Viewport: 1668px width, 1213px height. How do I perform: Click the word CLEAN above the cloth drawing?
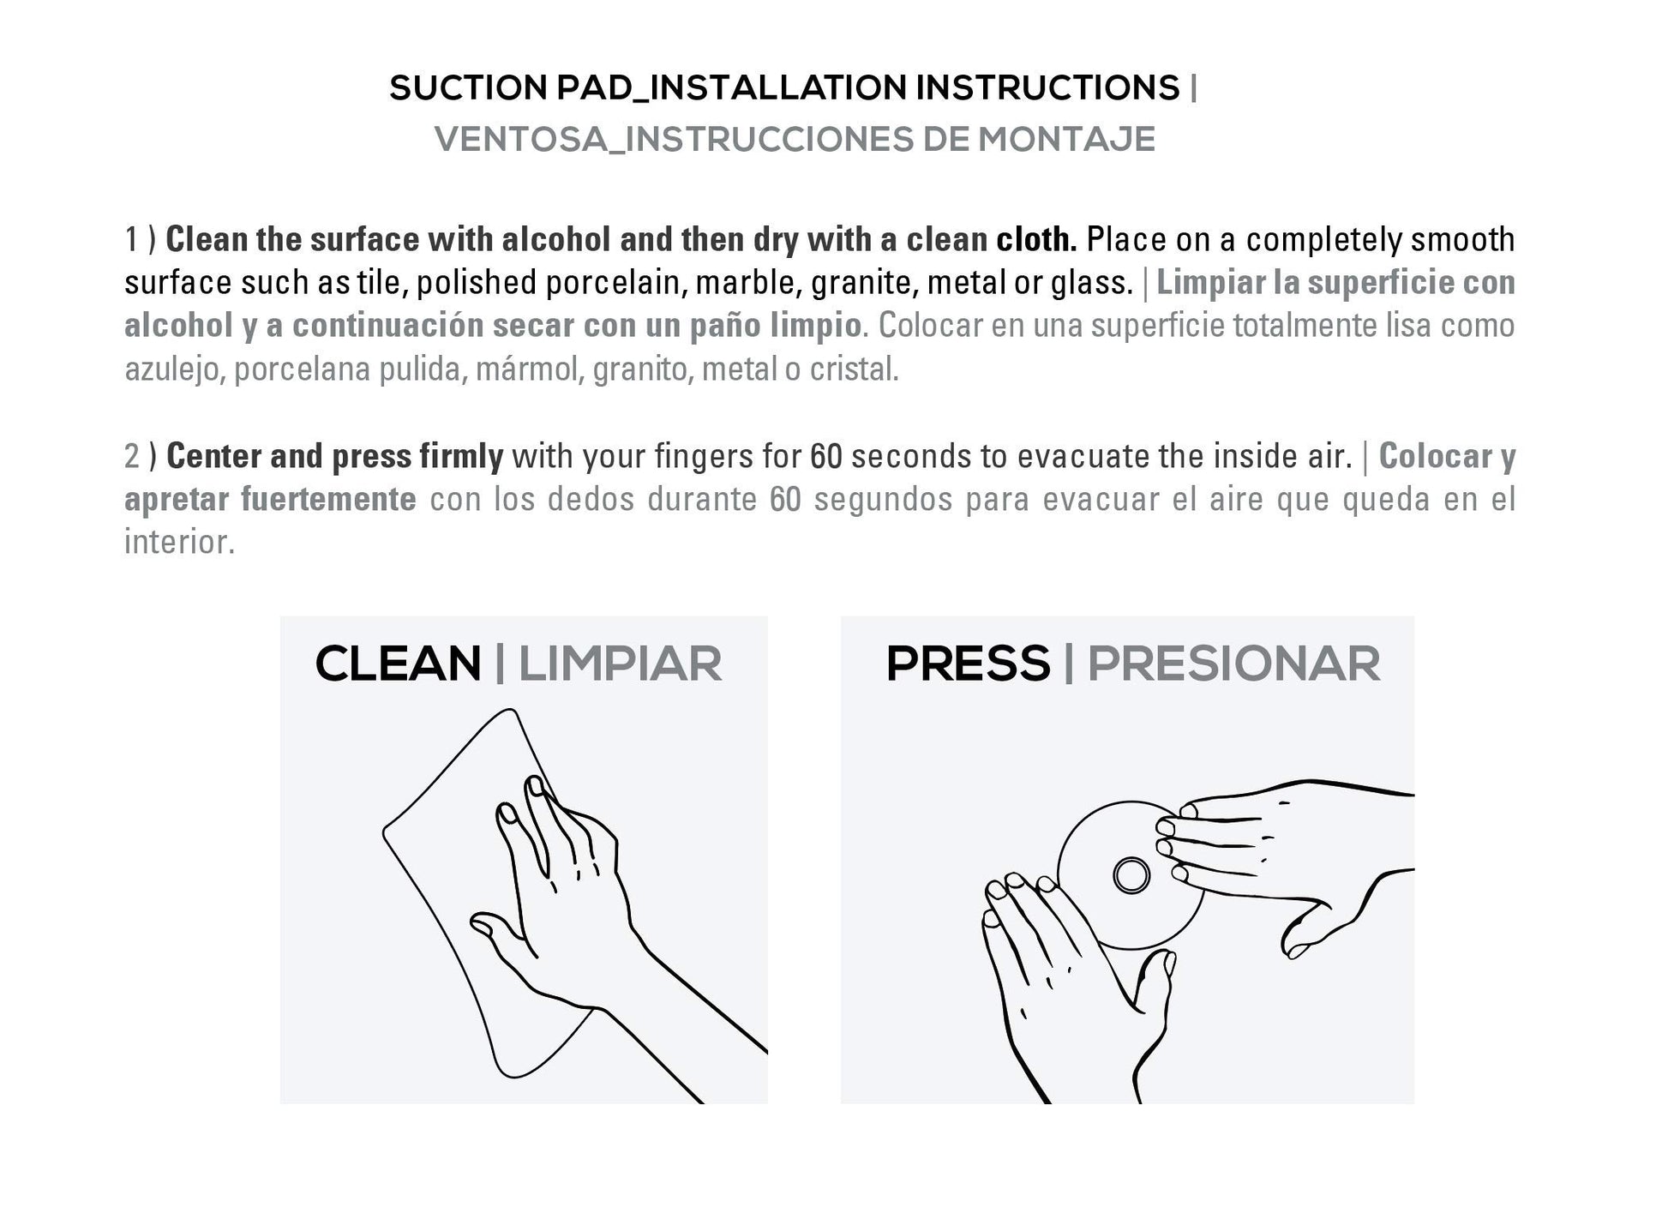pyautogui.click(x=399, y=664)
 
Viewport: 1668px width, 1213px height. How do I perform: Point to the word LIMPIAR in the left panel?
pyautogui.click(x=620, y=664)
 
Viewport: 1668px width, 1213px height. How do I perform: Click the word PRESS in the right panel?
pyautogui.click(x=969, y=664)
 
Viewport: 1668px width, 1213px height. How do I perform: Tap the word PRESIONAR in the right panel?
pyautogui.click(x=1234, y=664)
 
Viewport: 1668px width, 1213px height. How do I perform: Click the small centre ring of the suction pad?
pyautogui.click(x=1131, y=875)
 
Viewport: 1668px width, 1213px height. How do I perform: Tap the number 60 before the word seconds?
pyautogui.click(x=826, y=457)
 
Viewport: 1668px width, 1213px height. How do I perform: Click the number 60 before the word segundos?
pyautogui.click(x=785, y=500)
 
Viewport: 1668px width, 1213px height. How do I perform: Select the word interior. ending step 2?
pyautogui.click(x=180, y=542)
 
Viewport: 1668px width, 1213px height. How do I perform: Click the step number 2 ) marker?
pyautogui.click(x=141, y=457)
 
